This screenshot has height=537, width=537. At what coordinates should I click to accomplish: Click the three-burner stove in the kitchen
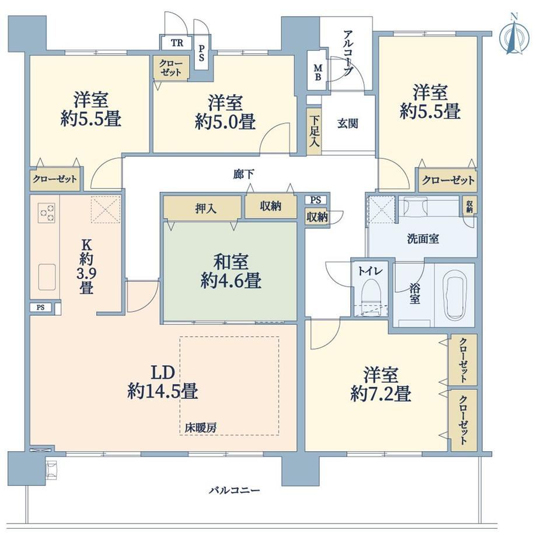click(x=47, y=212)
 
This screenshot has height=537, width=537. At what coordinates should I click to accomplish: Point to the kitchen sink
click(x=47, y=277)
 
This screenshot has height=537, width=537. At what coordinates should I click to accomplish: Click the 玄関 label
click(x=347, y=123)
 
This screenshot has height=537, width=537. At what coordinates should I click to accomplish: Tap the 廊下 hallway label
click(x=243, y=175)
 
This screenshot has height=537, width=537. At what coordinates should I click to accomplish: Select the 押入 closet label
click(x=206, y=208)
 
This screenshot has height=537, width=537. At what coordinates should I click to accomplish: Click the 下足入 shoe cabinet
click(x=313, y=131)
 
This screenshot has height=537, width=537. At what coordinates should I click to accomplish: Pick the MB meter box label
click(x=318, y=72)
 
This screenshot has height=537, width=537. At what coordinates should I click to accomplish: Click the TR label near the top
click(x=177, y=43)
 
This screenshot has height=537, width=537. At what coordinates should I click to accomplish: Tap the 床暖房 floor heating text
click(x=200, y=427)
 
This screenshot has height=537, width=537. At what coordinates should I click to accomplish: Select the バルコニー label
click(x=235, y=490)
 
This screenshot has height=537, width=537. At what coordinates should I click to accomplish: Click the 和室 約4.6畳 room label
click(x=231, y=271)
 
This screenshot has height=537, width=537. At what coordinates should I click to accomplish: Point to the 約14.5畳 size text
click(x=162, y=391)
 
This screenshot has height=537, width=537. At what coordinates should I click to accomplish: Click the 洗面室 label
click(x=423, y=239)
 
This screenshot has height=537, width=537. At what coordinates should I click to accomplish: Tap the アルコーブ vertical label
click(x=348, y=53)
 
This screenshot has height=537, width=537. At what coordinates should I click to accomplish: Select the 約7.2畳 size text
click(x=381, y=394)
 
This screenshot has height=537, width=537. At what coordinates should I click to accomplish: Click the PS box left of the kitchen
click(x=40, y=308)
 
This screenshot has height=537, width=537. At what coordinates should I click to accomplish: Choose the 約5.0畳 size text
click(x=225, y=121)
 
